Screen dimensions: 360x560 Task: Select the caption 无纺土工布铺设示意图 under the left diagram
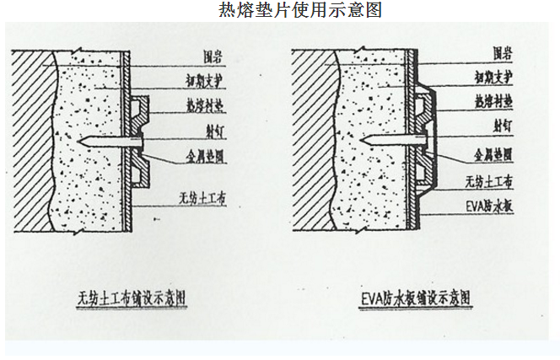point(137,298)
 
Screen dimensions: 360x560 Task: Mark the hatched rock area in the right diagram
point(312,143)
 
